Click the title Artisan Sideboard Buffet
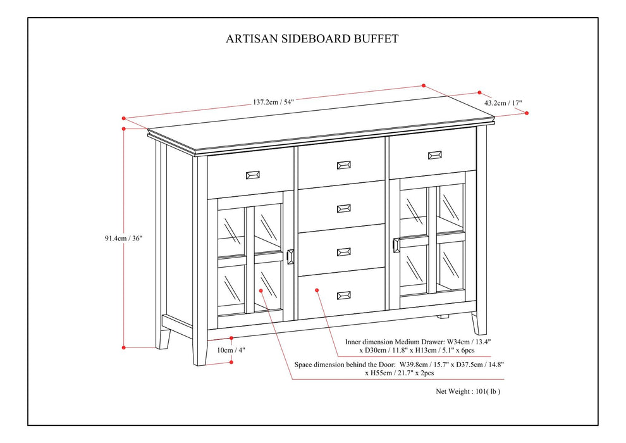[x=312, y=39]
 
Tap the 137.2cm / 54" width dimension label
[x=274, y=101]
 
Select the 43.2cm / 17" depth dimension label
[x=503, y=102]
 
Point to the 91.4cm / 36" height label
[x=125, y=239]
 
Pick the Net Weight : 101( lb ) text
[x=469, y=391]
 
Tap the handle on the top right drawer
[x=434, y=154]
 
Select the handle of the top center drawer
[x=344, y=165]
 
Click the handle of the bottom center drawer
[x=344, y=295]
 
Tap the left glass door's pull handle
[x=290, y=256]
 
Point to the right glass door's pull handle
[x=396, y=246]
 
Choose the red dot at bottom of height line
[x=124, y=347]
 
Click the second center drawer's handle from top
[x=344, y=208]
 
